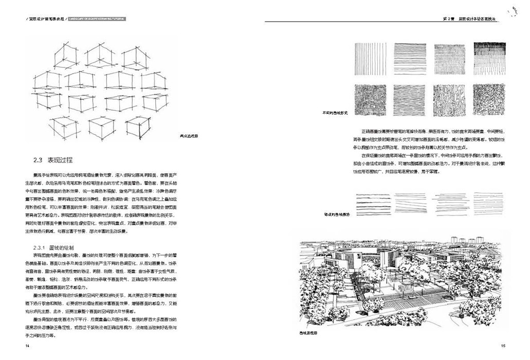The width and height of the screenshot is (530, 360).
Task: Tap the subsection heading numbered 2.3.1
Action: [x=56, y=247]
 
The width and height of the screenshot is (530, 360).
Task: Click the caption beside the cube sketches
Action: [x=188, y=136]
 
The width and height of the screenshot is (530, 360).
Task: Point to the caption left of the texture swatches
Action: [x=335, y=112]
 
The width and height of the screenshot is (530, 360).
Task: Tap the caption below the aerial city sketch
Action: [x=308, y=333]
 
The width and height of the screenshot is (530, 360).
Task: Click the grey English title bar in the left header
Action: [x=98, y=19]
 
